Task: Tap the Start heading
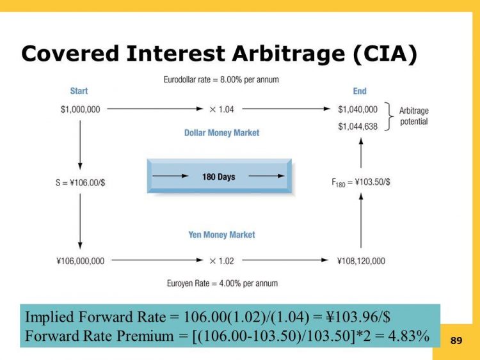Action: click(x=79, y=91)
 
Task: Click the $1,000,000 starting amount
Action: click(x=79, y=109)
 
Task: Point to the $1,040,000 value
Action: click(x=357, y=109)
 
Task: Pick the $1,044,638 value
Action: click(x=357, y=127)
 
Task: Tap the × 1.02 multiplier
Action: click(x=221, y=261)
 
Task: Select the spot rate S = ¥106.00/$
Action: click(x=80, y=182)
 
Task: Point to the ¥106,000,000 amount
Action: click(x=81, y=261)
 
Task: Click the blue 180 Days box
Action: click(x=220, y=176)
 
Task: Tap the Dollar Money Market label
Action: click(x=221, y=133)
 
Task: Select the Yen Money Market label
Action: click(x=221, y=235)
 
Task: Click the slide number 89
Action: click(x=456, y=341)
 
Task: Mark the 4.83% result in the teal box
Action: click(x=408, y=335)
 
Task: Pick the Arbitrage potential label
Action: click(x=414, y=116)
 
